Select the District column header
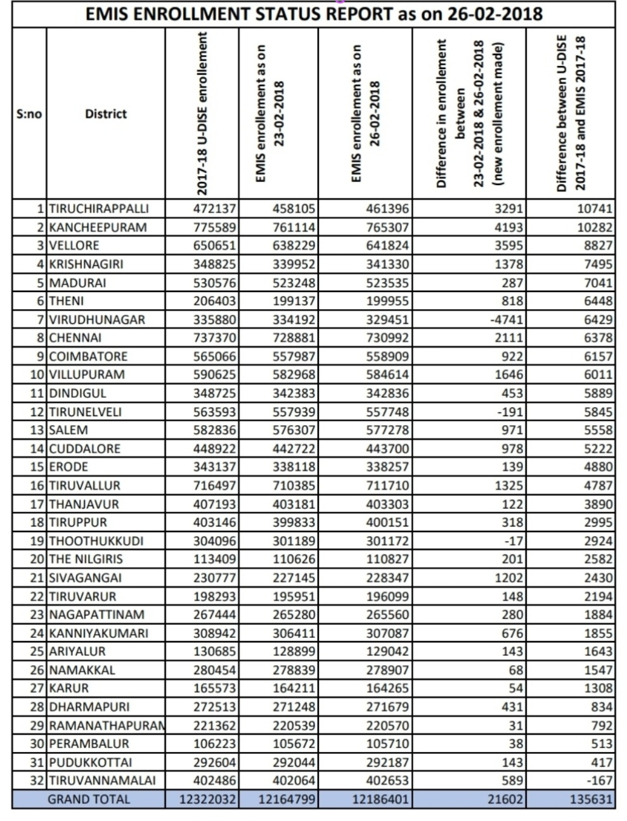pyautogui.click(x=106, y=114)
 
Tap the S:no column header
pyautogui.click(x=29, y=114)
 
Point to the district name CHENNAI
pyautogui.click(x=75, y=338)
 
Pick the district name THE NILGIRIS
pyautogui.click(x=86, y=559)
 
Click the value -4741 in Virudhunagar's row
pyautogui.click(x=507, y=319)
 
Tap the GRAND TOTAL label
pyautogui.click(x=89, y=799)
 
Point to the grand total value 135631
pyautogui.click(x=591, y=799)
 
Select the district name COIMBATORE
pyautogui.click(x=89, y=356)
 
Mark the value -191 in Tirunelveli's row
pyautogui.click(x=510, y=412)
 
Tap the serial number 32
pyautogui.click(x=37, y=780)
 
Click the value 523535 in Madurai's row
pyautogui.click(x=387, y=283)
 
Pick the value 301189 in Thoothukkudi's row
pyautogui.click(x=294, y=541)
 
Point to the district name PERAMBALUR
pyautogui.click(x=89, y=744)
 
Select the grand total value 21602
pyautogui.click(x=505, y=799)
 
